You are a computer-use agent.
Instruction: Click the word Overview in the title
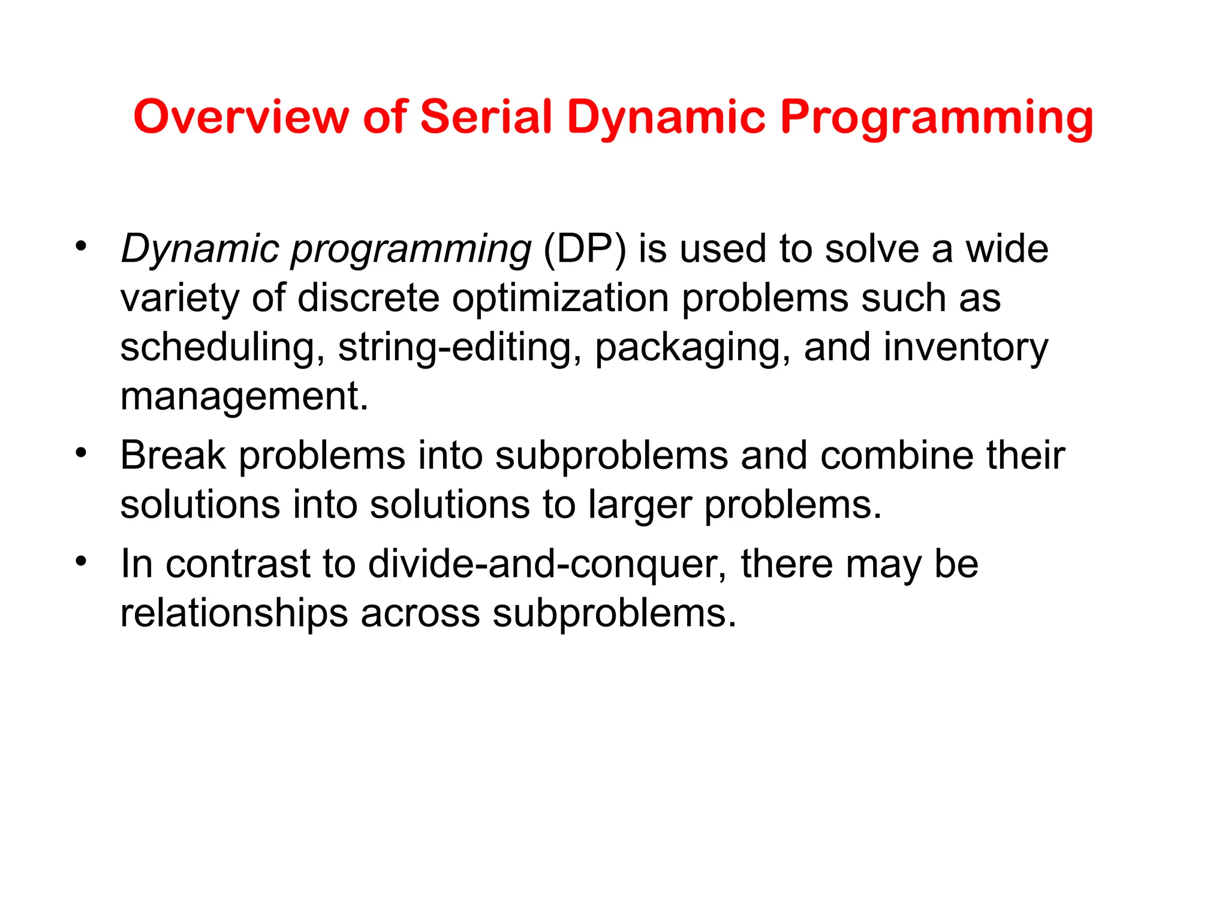[x=240, y=117]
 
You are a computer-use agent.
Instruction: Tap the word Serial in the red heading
[x=486, y=117]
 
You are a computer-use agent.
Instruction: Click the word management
[x=244, y=398]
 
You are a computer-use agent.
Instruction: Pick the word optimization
[x=560, y=299]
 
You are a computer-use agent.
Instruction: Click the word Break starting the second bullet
[x=173, y=456]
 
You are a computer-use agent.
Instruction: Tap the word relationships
[x=234, y=614]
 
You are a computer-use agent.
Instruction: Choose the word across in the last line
[x=420, y=614]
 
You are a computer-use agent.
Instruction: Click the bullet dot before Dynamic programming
[x=82, y=246]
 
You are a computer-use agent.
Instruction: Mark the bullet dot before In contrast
[x=82, y=561]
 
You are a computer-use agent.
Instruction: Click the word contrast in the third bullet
[x=237, y=565]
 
